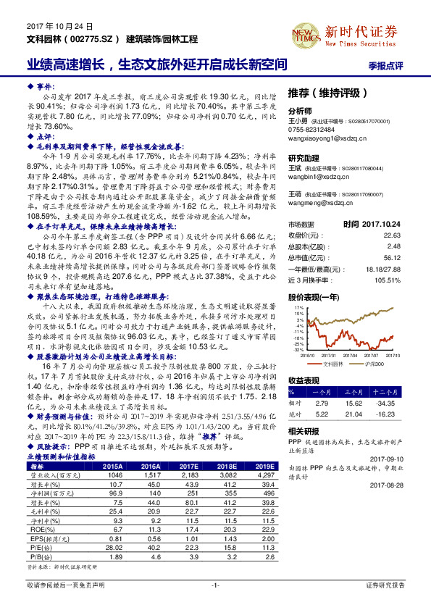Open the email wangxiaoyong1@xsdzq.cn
pyautogui.click(x=324, y=140)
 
